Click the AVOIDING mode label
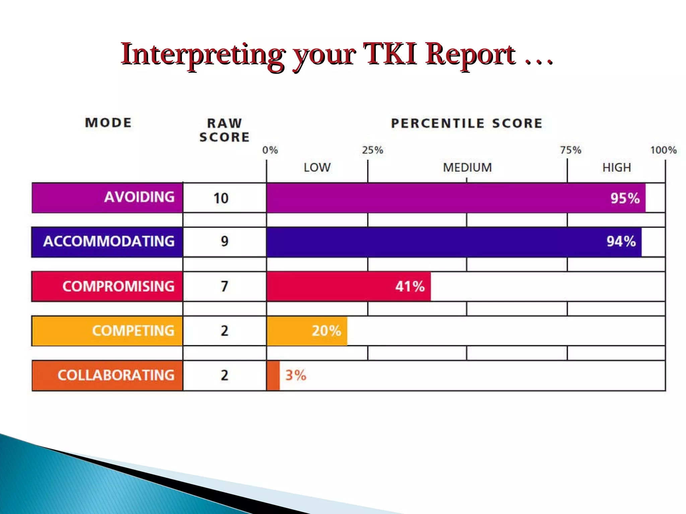point(139,197)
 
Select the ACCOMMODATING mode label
point(109,241)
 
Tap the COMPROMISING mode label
point(118,286)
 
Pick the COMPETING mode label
point(133,331)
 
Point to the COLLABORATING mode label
point(116,375)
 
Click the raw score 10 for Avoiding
point(221,198)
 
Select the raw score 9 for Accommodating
point(224,241)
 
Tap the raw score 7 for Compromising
point(224,286)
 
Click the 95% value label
point(625,198)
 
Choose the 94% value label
point(621,241)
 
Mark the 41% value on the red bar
point(410,286)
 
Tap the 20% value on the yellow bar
point(326,331)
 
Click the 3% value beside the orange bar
point(295,375)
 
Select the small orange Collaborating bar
point(273,375)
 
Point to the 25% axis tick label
point(372,150)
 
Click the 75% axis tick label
point(570,150)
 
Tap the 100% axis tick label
point(663,150)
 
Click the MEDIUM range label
point(467,167)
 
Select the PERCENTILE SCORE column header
point(467,123)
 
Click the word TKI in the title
point(391,54)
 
